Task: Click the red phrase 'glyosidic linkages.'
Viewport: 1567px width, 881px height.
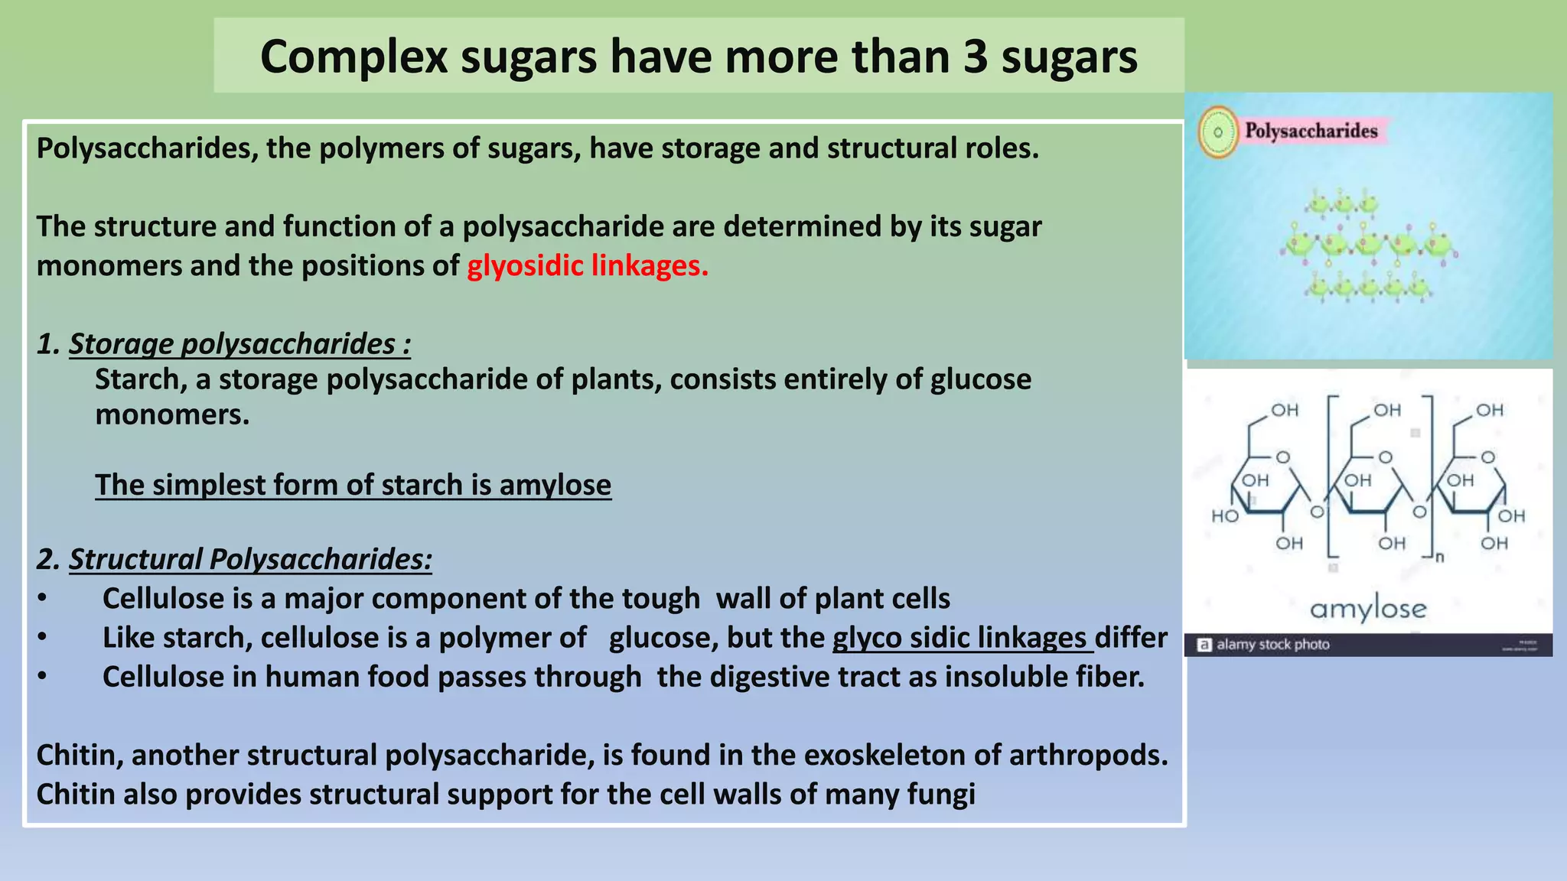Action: coord(588,266)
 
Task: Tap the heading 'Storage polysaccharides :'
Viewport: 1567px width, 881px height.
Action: coord(239,344)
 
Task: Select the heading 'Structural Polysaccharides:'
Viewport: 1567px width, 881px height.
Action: coord(250,560)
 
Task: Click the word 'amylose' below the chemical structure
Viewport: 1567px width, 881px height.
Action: coord(1368,609)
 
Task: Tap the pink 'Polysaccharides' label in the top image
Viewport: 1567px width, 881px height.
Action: coord(1311,131)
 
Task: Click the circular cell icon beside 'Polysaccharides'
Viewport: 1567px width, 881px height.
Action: coord(1217,132)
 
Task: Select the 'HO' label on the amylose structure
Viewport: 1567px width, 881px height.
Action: coord(1224,516)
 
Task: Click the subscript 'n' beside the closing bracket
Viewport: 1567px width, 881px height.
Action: coord(1439,557)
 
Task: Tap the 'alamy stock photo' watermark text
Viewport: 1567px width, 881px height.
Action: coord(1272,645)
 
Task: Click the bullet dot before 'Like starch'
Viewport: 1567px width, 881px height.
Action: coord(42,637)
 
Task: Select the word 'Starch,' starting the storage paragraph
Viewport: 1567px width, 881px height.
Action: coord(141,379)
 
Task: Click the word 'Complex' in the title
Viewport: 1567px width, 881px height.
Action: coord(353,57)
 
